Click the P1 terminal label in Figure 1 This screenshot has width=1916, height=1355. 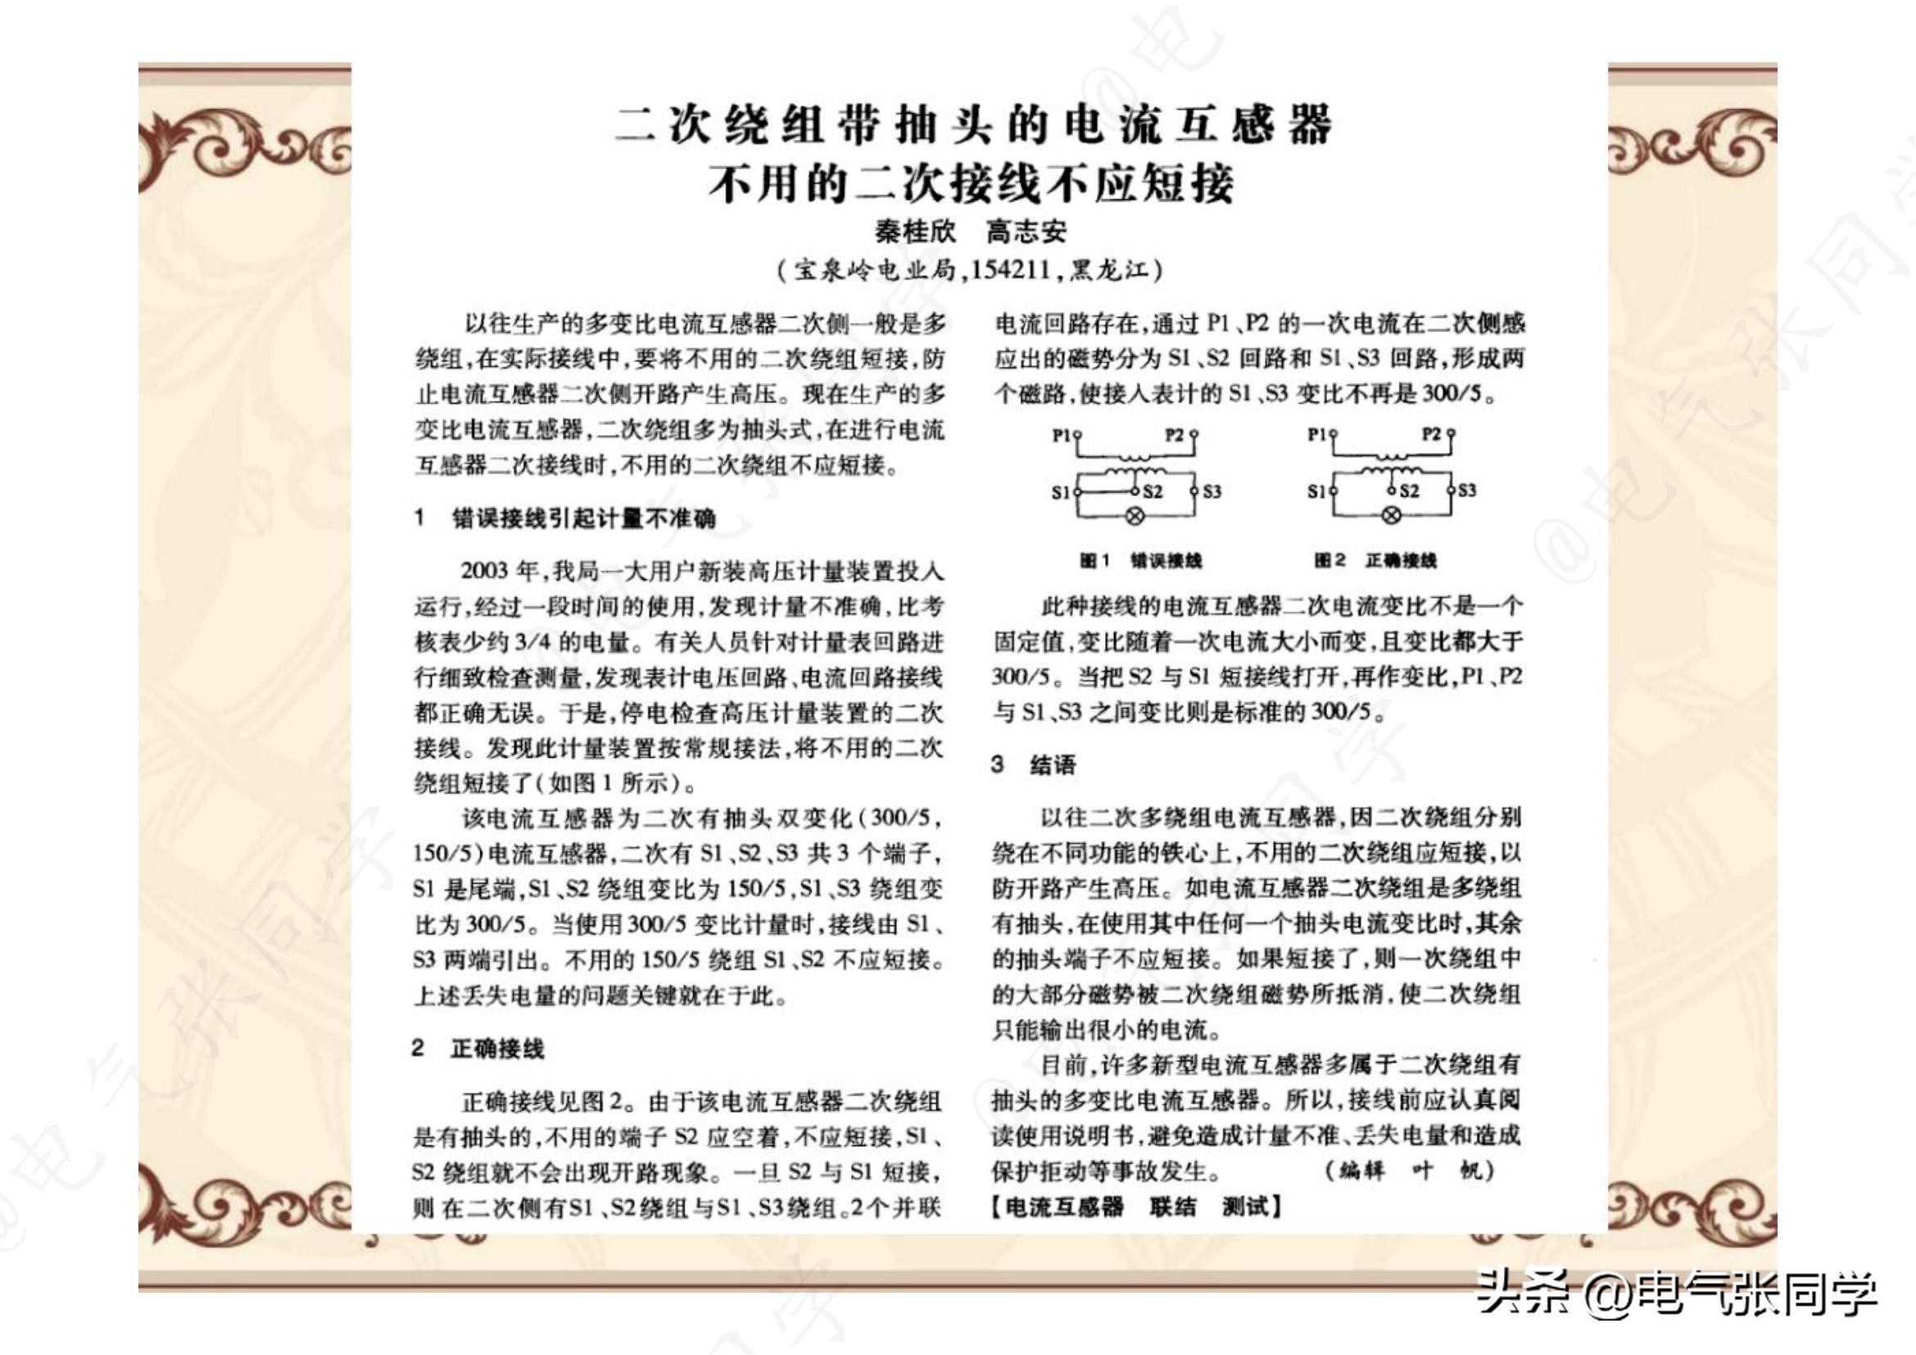click(1061, 435)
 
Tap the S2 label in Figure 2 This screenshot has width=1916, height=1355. click(1409, 492)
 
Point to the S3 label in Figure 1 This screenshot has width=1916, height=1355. click(1211, 492)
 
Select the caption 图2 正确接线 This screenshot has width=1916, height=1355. click(1375, 560)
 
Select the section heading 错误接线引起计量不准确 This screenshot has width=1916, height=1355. click(583, 519)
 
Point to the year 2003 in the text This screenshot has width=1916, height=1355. click(484, 572)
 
